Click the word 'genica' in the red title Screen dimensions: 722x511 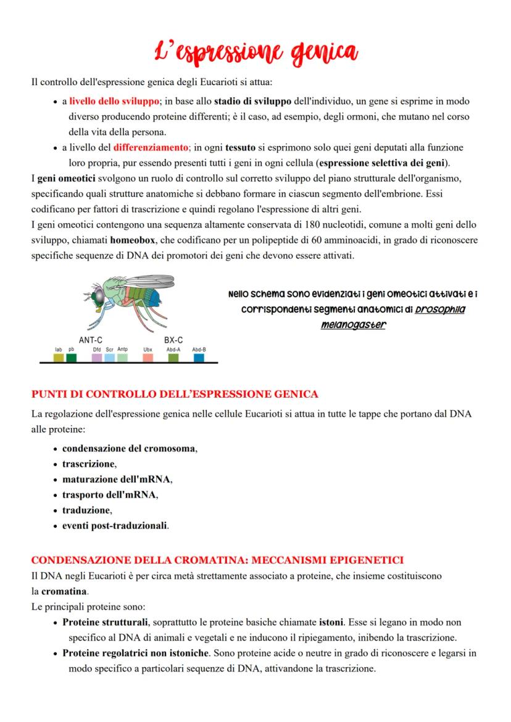320,52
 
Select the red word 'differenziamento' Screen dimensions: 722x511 151,147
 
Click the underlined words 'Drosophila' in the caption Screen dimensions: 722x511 440,310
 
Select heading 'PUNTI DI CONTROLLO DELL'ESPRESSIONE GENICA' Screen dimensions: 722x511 175,393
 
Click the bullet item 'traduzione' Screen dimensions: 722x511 87,511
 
